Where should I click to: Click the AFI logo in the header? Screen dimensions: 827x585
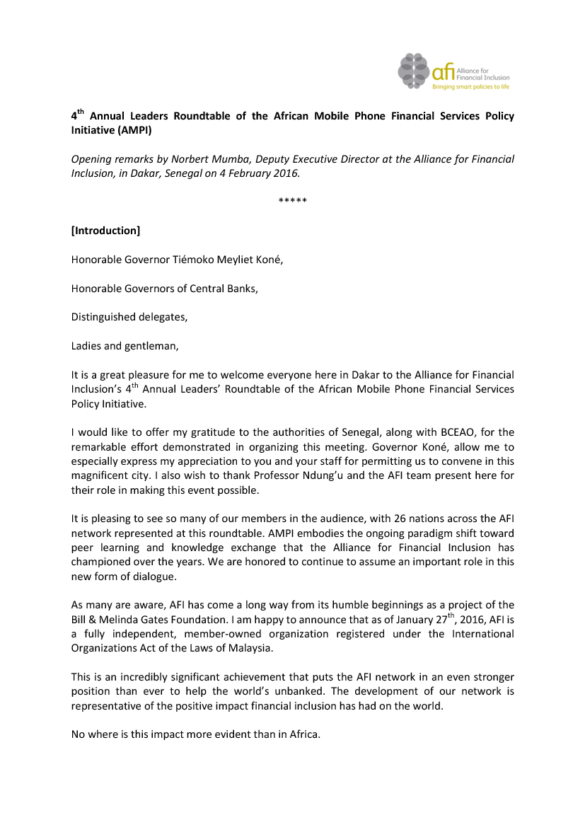453,71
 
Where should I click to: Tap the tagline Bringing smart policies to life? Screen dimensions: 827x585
470,87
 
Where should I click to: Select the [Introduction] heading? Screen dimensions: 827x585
105,231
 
